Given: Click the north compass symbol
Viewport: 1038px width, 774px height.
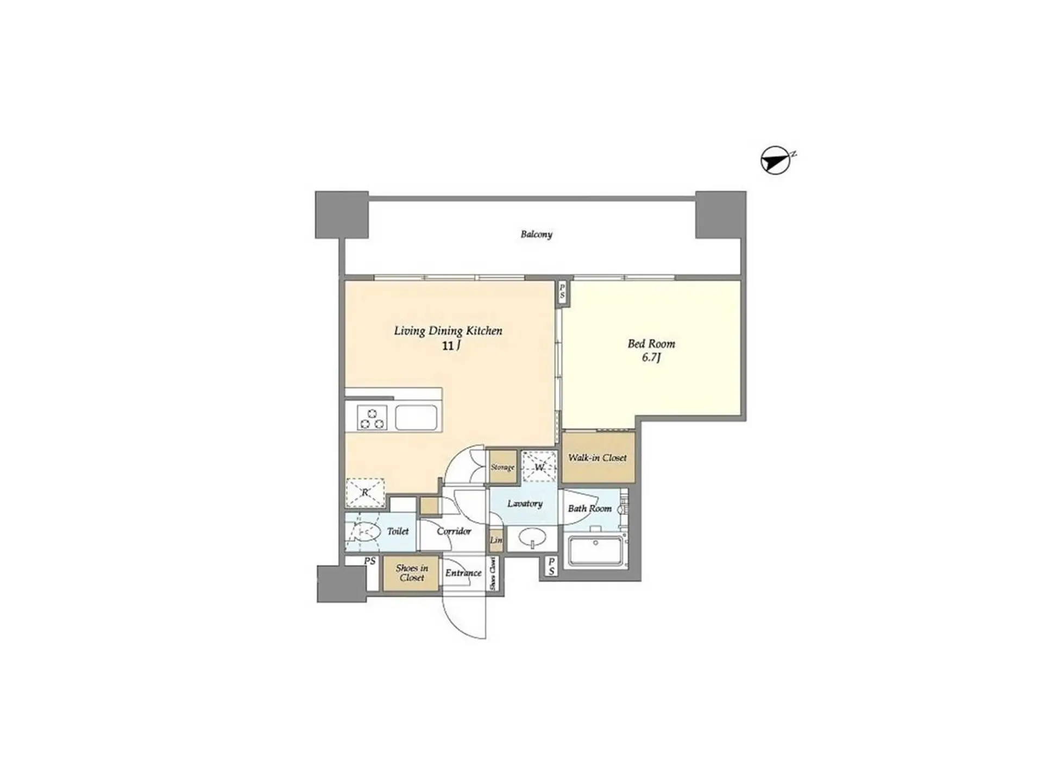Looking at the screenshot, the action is point(775,160).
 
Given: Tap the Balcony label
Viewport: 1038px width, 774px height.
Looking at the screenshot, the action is point(536,235).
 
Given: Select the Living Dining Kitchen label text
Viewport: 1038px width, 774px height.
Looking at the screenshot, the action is point(448,331).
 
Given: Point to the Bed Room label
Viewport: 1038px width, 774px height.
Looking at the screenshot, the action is point(651,344).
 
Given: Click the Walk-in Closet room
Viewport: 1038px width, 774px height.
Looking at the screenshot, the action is point(598,457).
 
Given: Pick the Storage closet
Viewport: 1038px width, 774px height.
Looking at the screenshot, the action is point(502,467).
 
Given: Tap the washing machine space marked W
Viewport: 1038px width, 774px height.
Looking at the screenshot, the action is point(539,467).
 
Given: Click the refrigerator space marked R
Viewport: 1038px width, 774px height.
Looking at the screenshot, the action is point(365,493).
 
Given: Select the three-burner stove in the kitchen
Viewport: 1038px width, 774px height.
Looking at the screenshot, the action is point(372,418).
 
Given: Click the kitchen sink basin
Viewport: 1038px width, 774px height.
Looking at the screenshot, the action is point(416,418).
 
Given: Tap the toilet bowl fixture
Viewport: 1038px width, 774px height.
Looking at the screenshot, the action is point(364,531).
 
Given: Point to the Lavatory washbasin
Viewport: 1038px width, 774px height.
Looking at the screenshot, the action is point(532,539).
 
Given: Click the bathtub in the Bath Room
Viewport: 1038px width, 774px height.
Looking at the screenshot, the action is point(596,551).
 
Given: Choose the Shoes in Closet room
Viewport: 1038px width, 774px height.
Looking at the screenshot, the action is point(411,574).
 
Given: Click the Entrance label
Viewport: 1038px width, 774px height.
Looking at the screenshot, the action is point(463,573).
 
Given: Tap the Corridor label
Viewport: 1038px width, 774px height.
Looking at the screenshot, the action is point(454,531).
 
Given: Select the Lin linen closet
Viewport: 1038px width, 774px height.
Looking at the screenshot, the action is point(496,540).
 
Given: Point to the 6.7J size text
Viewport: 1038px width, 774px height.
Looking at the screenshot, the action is point(651,357).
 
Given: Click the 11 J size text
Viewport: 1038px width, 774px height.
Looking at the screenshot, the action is point(451,345).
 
